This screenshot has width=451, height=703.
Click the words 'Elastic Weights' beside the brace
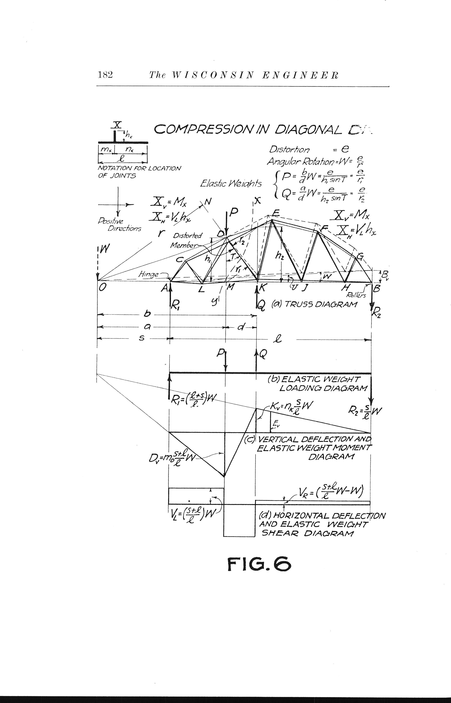coord(231,184)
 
